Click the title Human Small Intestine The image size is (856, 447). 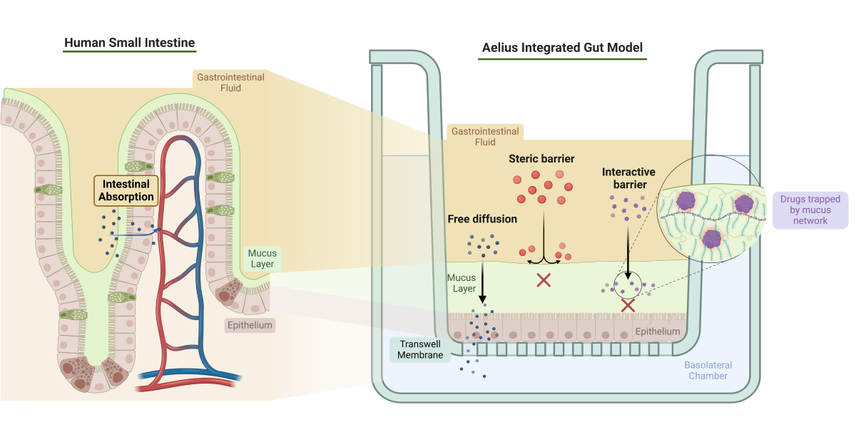coord(129,43)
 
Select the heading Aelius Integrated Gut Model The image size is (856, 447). coord(562,48)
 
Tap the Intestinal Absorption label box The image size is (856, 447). coord(126,190)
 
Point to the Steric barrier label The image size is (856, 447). coord(541,158)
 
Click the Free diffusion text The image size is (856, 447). coord(483,219)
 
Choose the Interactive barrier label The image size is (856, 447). coord(628,178)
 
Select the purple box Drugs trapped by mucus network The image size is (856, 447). coord(810,210)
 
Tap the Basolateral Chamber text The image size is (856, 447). coord(708,370)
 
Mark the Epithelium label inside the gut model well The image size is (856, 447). coord(657,332)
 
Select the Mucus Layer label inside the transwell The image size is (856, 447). coord(461,283)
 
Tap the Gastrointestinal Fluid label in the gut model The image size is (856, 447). coord(484,136)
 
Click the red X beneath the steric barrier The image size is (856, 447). coord(544,280)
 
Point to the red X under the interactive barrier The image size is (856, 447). coord(628,305)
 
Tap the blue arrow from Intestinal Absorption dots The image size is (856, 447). coord(140,231)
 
